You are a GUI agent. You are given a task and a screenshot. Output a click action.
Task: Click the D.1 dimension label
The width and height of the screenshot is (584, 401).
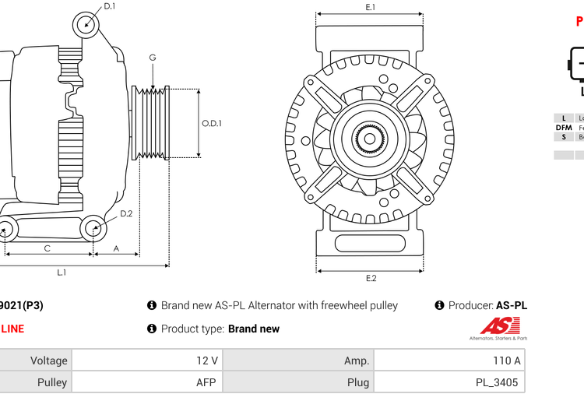[110, 6]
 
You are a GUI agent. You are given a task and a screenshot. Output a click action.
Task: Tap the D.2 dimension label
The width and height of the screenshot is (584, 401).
[126, 213]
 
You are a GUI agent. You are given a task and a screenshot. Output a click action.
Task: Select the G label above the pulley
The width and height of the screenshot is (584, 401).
[153, 58]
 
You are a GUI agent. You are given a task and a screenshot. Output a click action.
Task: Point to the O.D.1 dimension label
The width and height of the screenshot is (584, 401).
[212, 123]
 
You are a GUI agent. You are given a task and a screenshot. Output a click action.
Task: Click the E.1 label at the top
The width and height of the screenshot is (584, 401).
[371, 7]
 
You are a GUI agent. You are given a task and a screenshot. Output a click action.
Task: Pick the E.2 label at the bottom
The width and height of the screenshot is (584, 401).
[371, 278]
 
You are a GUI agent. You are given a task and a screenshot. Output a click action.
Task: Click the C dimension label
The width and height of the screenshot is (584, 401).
[47, 248]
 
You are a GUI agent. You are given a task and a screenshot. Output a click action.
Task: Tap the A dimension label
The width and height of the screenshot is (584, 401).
[116, 248]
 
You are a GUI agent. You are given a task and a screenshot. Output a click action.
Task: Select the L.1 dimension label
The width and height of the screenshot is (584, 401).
[62, 272]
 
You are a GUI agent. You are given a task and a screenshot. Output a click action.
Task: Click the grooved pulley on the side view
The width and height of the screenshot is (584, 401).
[153, 122]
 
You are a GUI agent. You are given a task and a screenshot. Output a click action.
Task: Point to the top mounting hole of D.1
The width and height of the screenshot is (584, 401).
[86, 25]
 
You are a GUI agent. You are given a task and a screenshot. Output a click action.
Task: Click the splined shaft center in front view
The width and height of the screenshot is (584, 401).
[370, 139]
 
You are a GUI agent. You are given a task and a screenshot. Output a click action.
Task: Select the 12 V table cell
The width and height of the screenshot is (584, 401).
[146, 361]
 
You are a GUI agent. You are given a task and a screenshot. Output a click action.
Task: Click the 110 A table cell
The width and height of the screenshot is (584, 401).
[449, 361]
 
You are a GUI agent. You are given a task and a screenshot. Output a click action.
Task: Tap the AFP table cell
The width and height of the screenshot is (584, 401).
[146, 382]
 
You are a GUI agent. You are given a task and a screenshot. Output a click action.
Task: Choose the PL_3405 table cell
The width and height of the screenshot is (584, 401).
[449, 382]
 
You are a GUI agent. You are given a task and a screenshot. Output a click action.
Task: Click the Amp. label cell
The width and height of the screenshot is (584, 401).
[297, 361]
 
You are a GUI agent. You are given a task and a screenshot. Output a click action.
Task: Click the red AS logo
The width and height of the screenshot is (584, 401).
[494, 326]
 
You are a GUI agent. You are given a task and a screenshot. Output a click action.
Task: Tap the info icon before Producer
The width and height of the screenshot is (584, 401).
[439, 305]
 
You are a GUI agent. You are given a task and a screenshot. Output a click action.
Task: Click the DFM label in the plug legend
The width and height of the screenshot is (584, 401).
[564, 128]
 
